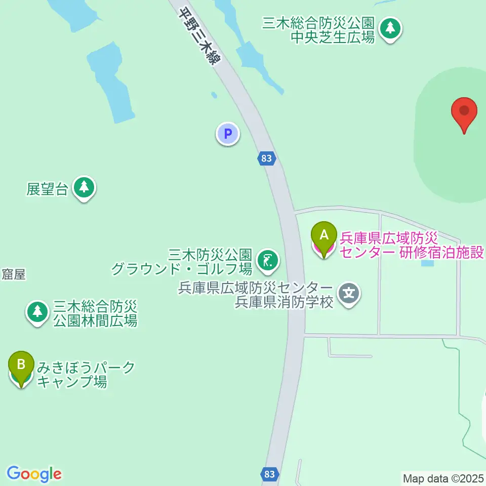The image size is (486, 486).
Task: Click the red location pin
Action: tap(464, 112)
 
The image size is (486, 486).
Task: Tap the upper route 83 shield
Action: tap(267, 158)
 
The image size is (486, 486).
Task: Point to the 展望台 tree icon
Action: tap(84, 188)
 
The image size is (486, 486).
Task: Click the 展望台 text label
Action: tap(47, 189)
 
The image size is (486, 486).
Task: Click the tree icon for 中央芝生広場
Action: tap(390, 28)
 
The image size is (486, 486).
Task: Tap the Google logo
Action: tap(34, 474)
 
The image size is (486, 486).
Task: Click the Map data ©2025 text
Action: tap(443, 478)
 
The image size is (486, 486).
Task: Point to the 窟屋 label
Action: tap(14, 274)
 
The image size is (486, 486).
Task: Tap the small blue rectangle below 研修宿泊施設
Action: tap(428, 263)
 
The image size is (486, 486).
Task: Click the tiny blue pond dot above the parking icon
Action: tap(215, 95)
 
